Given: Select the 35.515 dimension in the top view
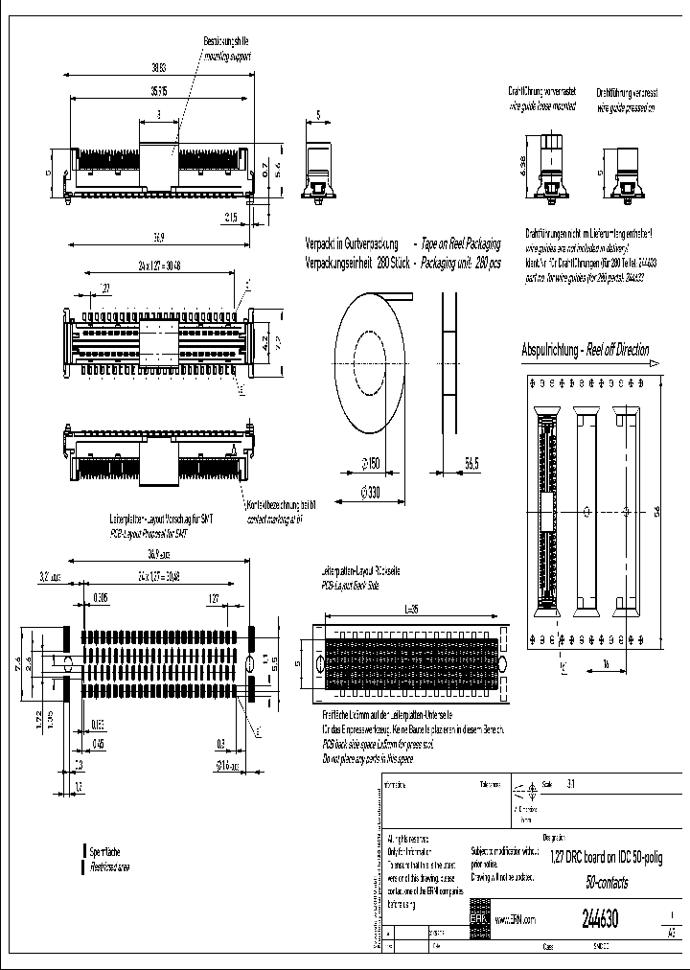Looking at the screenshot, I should (x=158, y=91).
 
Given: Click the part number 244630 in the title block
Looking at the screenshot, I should (x=600, y=919).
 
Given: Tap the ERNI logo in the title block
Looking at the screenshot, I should (x=478, y=918).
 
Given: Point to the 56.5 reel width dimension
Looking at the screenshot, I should (x=471, y=464).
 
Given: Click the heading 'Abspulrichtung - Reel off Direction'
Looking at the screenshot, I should (x=585, y=350).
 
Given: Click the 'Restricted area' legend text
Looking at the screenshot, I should (x=110, y=866).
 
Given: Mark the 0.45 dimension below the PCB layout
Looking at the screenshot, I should (x=99, y=742).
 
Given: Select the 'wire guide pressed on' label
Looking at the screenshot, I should (x=626, y=108).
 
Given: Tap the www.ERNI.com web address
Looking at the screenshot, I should (x=517, y=919).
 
